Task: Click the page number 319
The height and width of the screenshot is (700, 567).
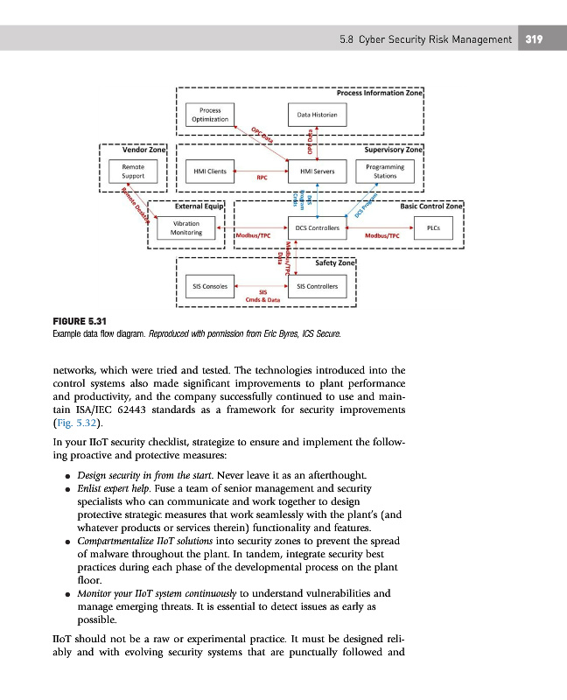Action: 535,39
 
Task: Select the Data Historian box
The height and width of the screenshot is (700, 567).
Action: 317,115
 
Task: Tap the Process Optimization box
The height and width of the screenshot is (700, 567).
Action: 209,115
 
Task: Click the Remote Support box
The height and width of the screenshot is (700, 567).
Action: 133,171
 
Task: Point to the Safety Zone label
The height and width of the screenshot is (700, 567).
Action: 331,262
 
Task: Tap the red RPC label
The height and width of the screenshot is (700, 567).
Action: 261,178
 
